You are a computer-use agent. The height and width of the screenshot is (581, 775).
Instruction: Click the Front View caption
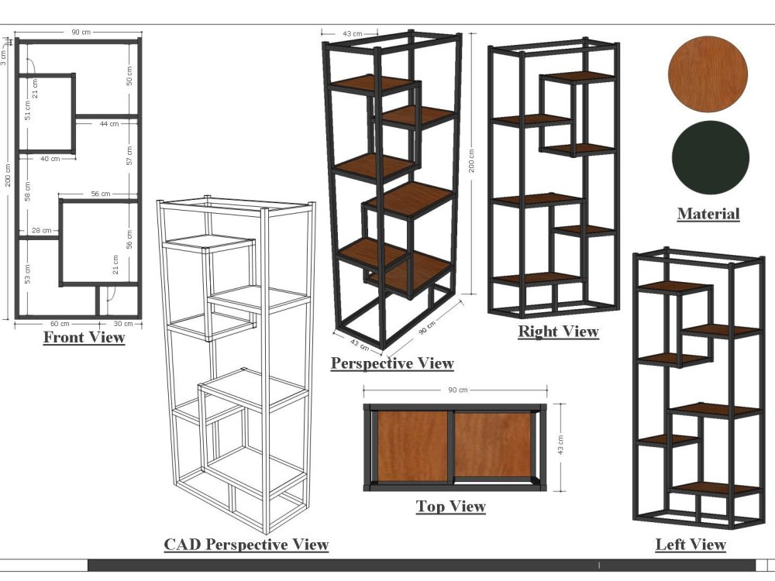pos(84,338)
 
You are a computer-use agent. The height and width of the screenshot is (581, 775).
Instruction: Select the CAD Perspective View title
pos(246,545)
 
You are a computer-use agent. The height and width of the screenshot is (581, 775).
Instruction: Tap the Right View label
pos(559,331)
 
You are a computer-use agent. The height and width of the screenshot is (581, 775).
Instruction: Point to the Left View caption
pos(691,545)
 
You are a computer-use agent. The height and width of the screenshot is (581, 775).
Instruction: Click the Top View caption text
pos(451,507)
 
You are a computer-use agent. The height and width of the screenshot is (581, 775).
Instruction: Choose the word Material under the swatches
pos(708,214)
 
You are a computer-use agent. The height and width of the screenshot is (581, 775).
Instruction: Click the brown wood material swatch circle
pos(708,74)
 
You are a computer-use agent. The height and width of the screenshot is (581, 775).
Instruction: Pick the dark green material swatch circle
pos(710,157)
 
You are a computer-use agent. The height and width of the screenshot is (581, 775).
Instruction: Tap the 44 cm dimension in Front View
pos(109,123)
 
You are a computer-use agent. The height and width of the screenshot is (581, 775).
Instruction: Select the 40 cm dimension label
pos(50,159)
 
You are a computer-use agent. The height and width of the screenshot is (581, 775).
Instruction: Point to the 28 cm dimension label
pos(42,230)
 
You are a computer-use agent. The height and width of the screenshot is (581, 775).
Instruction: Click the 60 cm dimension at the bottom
pos(60,324)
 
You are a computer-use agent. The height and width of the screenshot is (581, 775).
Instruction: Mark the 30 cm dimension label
pos(123,324)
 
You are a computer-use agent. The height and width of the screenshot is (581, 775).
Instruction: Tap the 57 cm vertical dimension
pos(129,156)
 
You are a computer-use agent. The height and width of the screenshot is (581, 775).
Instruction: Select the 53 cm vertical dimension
pos(27,273)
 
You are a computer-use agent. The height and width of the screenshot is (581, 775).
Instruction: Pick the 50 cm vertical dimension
pos(129,76)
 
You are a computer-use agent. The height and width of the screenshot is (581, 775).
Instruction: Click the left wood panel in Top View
pos(412,446)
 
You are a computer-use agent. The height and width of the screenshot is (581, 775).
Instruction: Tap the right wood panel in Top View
pos(493,445)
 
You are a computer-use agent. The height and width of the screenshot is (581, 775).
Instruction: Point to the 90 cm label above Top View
pos(458,390)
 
